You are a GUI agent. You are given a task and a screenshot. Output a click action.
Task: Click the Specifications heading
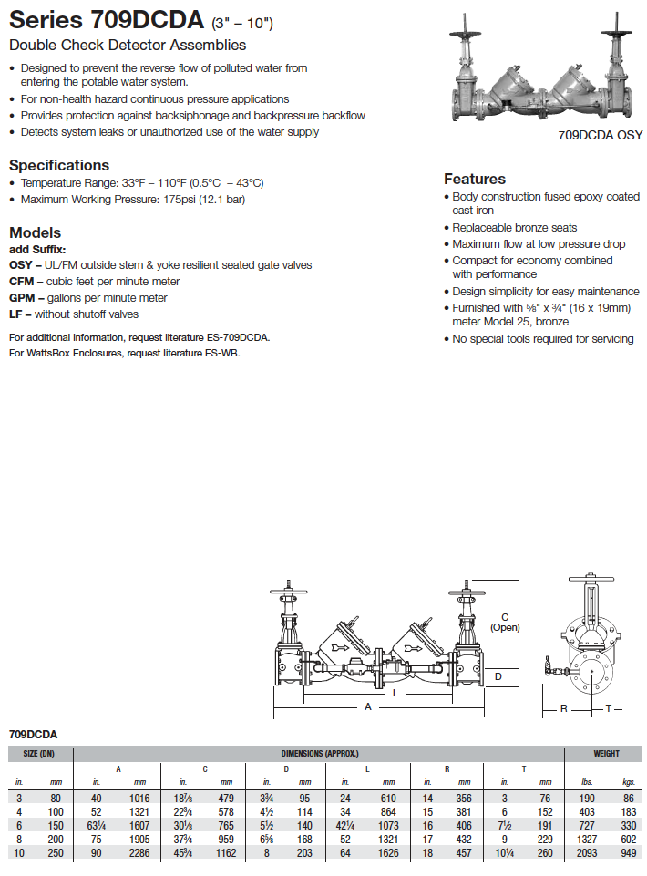tap(58, 165)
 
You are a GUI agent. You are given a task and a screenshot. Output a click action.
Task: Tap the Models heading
tap(35, 232)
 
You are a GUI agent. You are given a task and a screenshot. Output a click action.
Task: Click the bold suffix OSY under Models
tap(20, 265)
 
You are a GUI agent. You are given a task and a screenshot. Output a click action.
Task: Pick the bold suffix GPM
tap(22, 298)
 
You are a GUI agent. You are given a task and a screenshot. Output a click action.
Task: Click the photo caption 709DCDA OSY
tap(600, 135)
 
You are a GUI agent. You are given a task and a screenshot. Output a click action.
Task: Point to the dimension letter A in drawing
tap(368, 706)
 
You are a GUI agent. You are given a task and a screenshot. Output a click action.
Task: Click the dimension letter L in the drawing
tap(395, 692)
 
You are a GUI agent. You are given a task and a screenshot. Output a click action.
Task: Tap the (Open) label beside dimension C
tap(504, 627)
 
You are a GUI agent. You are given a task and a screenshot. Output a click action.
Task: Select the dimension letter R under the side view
tap(563, 707)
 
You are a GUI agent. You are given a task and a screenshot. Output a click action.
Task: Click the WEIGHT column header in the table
tap(605, 754)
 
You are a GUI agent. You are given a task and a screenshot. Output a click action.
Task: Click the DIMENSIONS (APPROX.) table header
tap(319, 754)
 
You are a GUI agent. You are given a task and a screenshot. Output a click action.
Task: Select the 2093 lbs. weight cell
tap(587, 853)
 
